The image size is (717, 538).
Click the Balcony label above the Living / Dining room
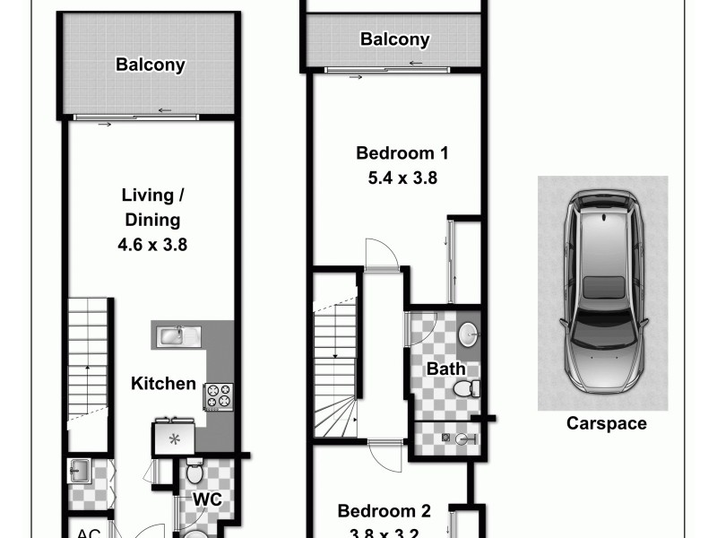click(x=151, y=65)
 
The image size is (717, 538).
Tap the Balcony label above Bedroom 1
click(x=394, y=39)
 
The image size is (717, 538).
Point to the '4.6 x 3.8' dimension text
click(x=151, y=243)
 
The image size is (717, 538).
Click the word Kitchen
click(x=163, y=384)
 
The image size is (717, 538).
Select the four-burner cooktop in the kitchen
click(x=219, y=395)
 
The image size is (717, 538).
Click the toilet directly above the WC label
click(x=194, y=472)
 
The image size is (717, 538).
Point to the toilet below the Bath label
click(x=463, y=388)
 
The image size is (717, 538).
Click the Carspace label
click(x=606, y=424)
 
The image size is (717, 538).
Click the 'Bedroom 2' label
click(x=384, y=512)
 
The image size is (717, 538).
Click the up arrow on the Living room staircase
click(x=87, y=369)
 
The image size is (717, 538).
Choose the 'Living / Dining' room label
click(x=151, y=207)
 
